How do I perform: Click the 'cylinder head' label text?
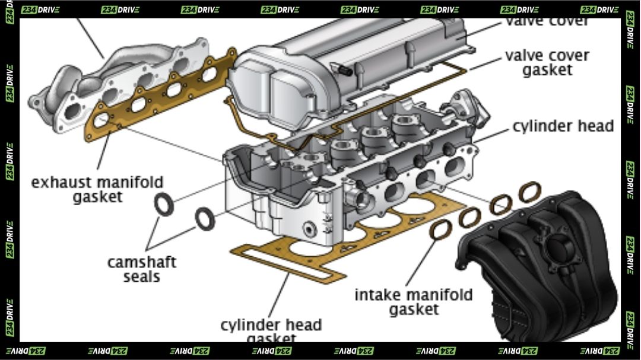[563, 126]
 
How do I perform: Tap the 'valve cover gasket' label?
[547, 62]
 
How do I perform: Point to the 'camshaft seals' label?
[142, 269]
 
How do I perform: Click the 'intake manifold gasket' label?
[414, 301]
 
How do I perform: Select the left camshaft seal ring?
[163, 204]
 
